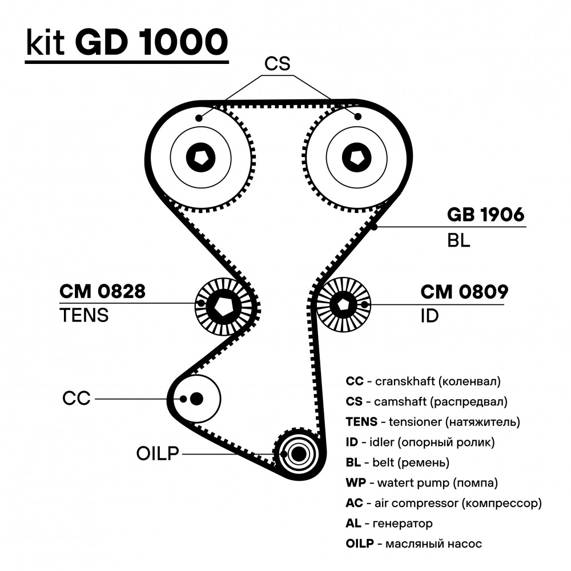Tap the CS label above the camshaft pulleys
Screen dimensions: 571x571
click(277, 64)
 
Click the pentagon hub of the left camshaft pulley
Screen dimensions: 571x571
click(200, 158)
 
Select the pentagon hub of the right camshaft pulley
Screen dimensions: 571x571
click(356, 158)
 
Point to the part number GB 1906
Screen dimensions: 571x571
click(485, 215)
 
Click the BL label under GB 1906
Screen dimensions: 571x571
click(459, 240)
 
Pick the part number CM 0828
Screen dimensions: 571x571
click(102, 291)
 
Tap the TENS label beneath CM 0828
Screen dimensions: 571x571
click(84, 315)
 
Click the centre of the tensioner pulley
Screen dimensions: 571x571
click(223, 307)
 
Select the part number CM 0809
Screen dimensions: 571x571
click(464, 292)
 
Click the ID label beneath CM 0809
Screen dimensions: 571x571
click(430, 316)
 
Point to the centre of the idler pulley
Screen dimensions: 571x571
click(343, 305)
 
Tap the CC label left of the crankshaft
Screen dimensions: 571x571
click(76, 399)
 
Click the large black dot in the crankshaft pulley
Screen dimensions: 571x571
click(196, 399)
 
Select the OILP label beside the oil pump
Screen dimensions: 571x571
click(158, 454)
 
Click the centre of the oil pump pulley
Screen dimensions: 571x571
click(299, 454)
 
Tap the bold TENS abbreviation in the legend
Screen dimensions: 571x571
click(361, 422)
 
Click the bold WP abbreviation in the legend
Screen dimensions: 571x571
click(356, 482)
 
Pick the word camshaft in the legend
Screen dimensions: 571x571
click(400, 401)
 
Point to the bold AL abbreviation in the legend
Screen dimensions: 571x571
click(353, 523)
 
